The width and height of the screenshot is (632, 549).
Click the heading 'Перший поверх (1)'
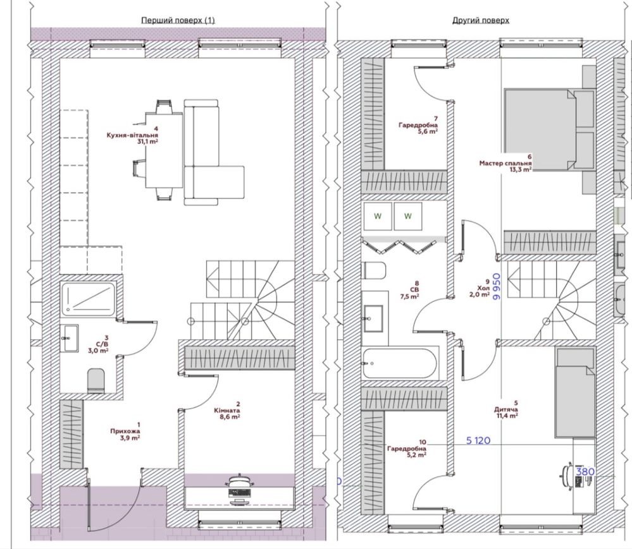click(x=178, y=20)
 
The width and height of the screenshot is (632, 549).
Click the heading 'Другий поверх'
click(x=480, y=20)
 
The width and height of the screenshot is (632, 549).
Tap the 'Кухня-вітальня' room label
click(x=132, y=136)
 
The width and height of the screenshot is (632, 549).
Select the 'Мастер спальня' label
click(x=505, y=164)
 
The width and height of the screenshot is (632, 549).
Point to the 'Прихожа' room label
click(x=125, y=431)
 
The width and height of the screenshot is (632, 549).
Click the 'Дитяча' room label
click(x=506, y=410)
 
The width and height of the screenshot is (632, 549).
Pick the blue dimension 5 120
click(x=478, y=440)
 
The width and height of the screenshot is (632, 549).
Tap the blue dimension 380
click(x=585, y=471)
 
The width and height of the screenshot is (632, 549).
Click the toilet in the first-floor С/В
click(x=96, y=380)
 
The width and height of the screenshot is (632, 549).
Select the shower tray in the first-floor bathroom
click(x=89, y=299)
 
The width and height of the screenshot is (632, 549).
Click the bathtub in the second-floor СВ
click(x=399, y=363)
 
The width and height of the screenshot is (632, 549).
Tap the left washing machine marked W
click(x=378, y=216)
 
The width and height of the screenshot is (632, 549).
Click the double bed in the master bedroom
click(x=550, y=130)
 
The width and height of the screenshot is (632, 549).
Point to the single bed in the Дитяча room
click(x=574, y=392)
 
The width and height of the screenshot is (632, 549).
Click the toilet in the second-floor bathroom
click(x=375, y=270)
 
